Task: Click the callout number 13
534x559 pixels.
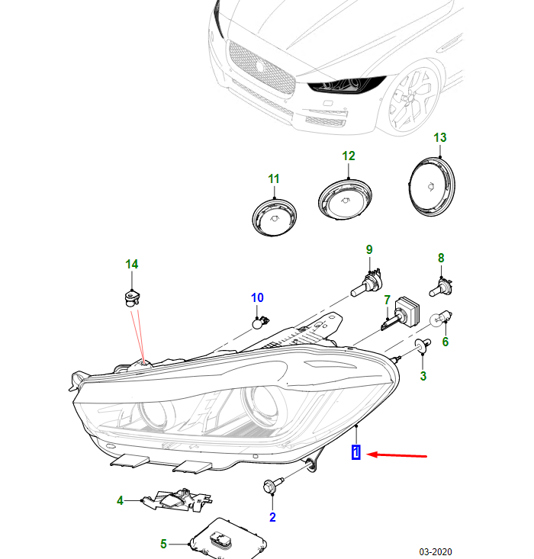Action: pos(440,138)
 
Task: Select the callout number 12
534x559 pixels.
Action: pos(349,156)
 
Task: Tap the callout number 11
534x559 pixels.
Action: pos(274,178)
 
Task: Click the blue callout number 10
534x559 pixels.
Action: pos(257,297)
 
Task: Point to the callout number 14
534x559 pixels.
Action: pos(132,265)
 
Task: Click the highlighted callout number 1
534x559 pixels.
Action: pos(355,453)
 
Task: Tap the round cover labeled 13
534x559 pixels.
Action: pos(433,188)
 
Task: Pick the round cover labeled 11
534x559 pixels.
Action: pos(273,215)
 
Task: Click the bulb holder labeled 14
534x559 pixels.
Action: pos(131,297)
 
